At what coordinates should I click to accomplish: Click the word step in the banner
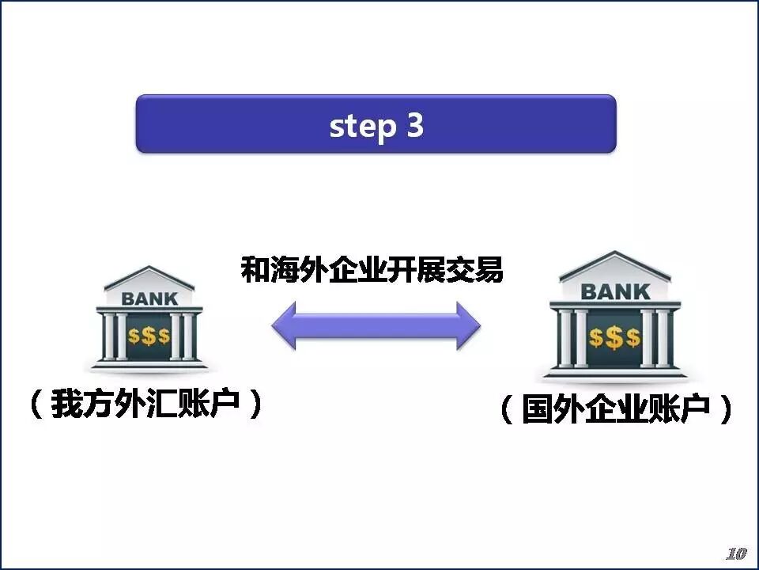coord(361,126)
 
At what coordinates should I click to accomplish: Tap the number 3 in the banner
coord(415,125)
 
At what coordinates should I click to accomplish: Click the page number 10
coord(735,553)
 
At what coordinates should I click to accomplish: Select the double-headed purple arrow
coord(376,325)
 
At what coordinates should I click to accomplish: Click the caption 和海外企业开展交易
coord(372,272)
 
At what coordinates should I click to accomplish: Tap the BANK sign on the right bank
coord(615,291)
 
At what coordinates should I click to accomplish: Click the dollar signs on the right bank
coord(614,338)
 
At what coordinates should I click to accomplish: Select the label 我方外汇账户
coord(145,405)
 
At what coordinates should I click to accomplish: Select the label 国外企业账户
coord(617,410)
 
